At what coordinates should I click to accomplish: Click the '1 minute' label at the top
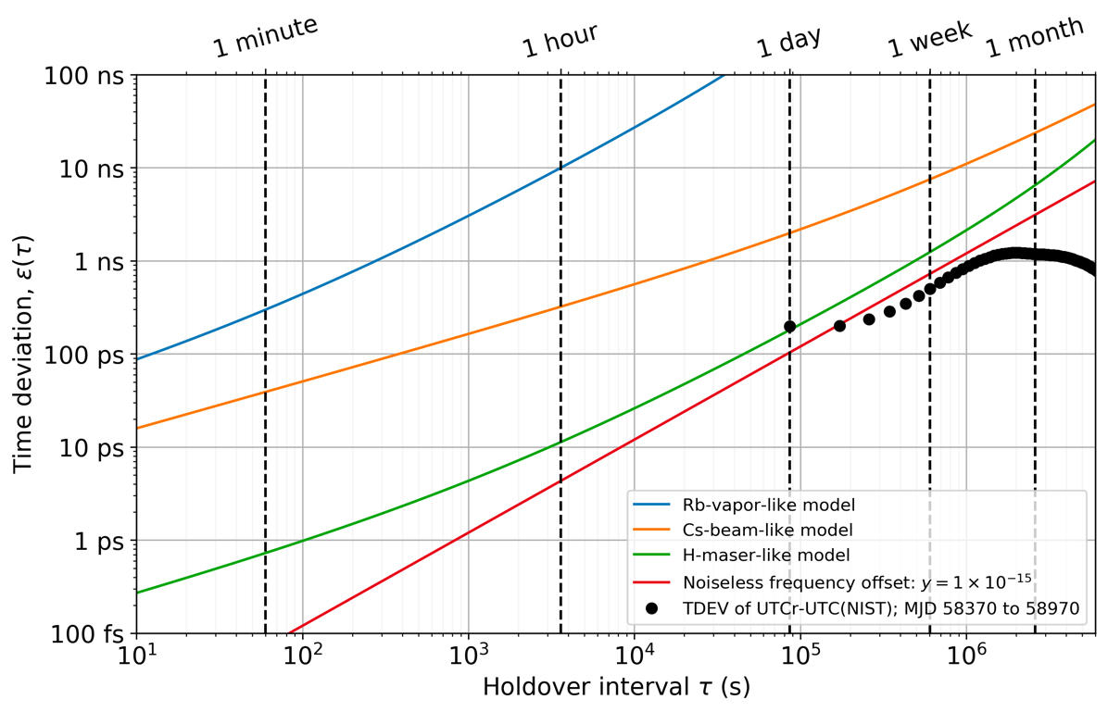(x=266, y=38)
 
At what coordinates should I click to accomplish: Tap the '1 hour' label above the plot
(x=560, y=41)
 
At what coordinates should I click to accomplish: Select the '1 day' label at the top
(x=789, y=42)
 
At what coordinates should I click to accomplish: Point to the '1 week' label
(x=929, y=39)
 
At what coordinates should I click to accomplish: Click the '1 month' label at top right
(x=1034, y=38)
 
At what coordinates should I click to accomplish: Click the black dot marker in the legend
(x=652, y=608)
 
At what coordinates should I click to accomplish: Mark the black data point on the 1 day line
(x=789, y=326)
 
